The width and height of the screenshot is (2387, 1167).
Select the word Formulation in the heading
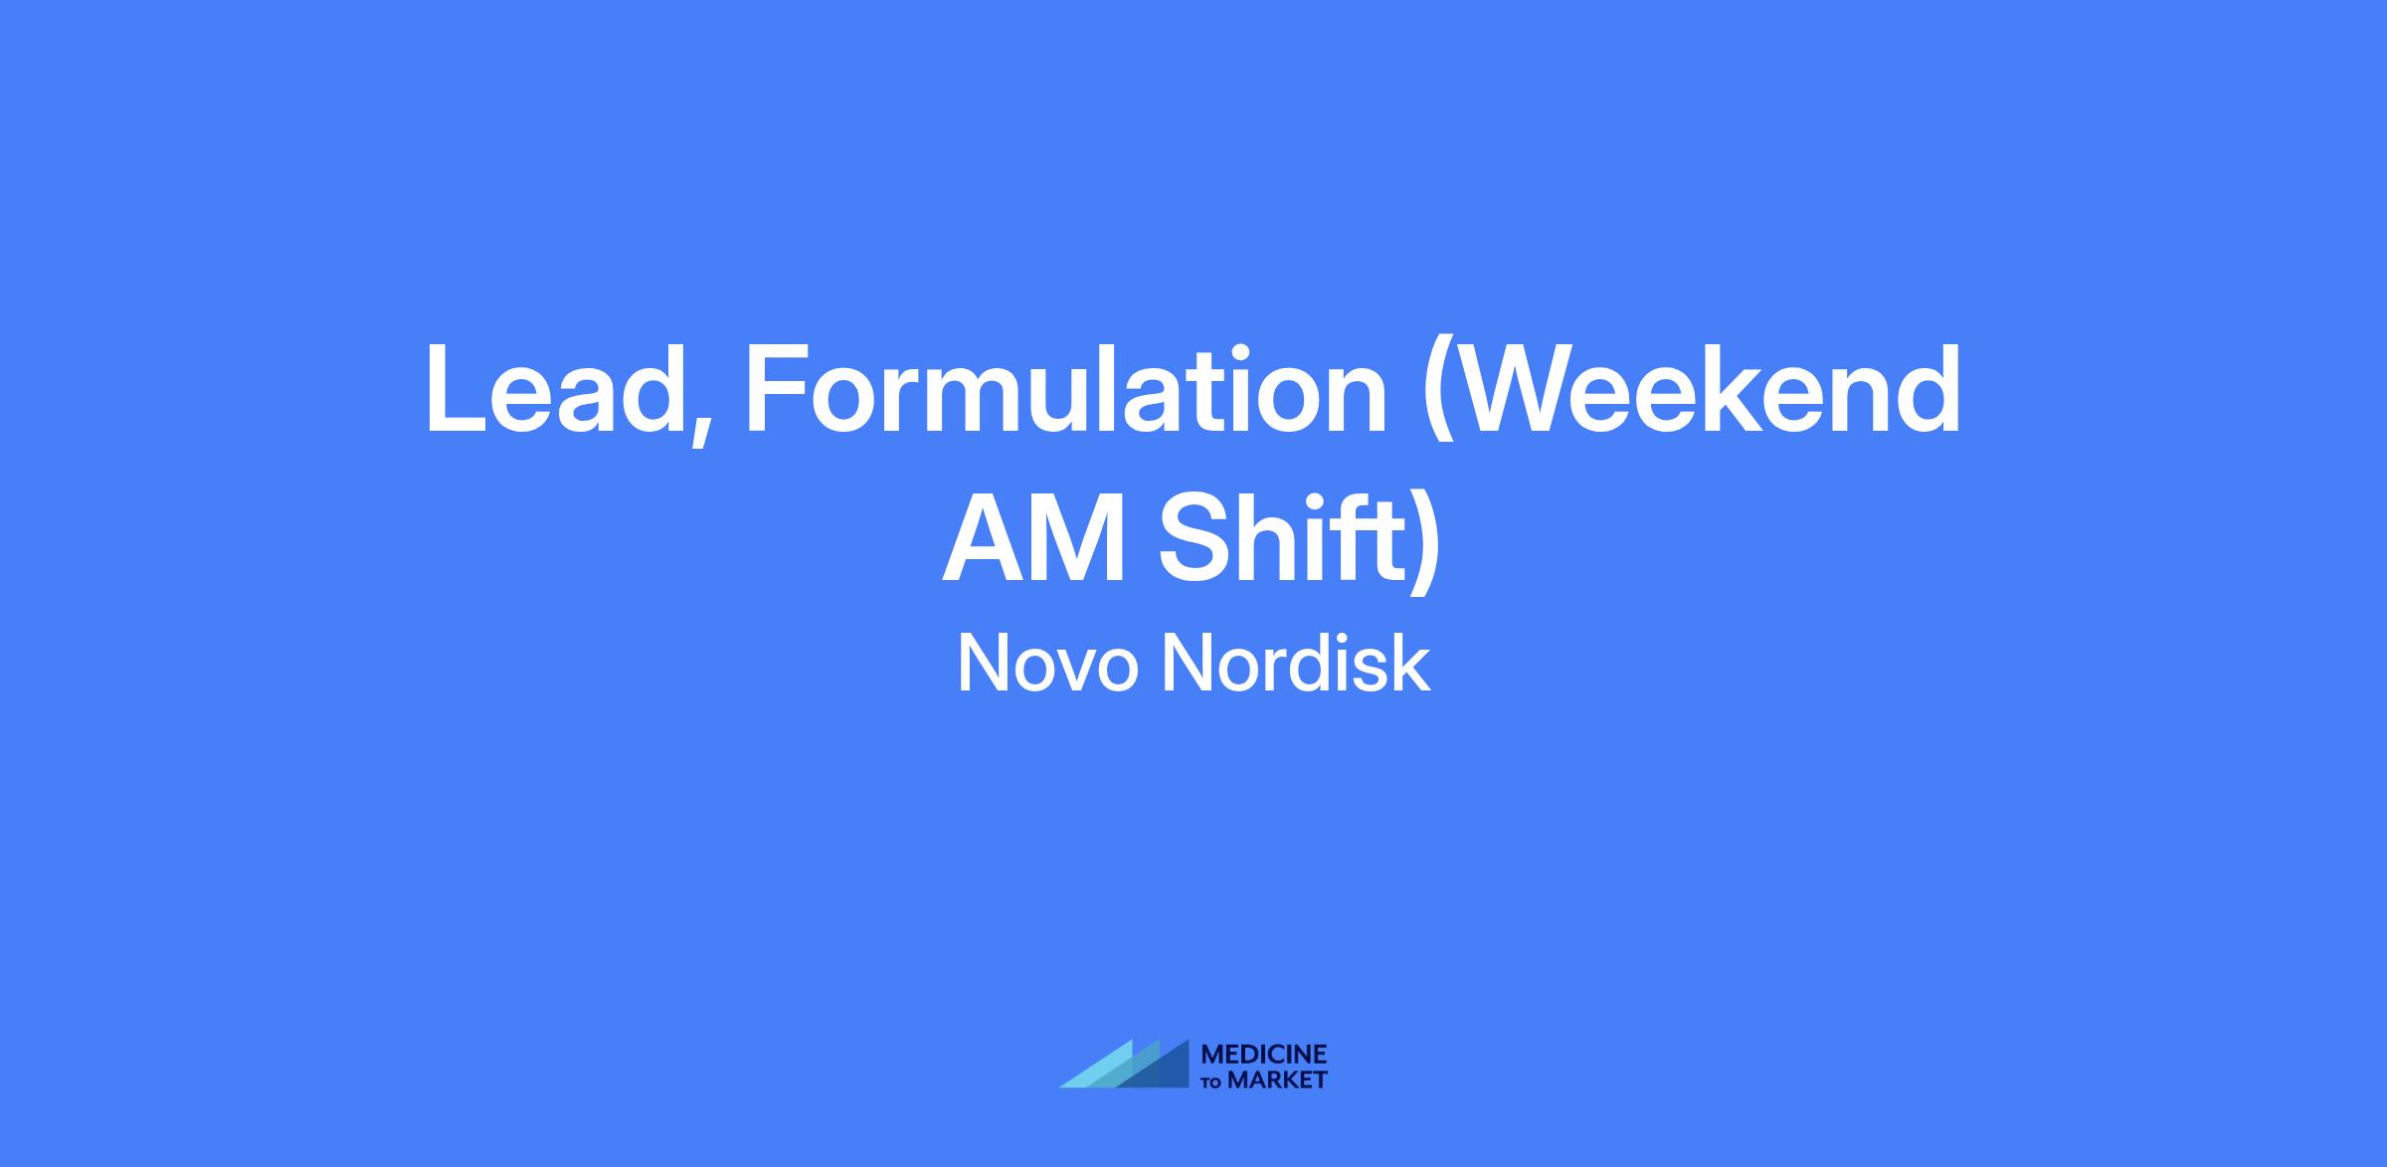(x=1065, y=389)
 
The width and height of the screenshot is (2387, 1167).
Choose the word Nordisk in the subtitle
(x=1297, y=664)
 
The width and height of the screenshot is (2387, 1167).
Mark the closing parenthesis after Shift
(x=1426, y=542)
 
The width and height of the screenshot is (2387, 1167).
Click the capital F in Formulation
(x=778, y=391)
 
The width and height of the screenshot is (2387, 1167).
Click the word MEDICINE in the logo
(x=1264, y=1055)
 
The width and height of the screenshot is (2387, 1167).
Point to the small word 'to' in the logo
(x=1213, y=1081)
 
